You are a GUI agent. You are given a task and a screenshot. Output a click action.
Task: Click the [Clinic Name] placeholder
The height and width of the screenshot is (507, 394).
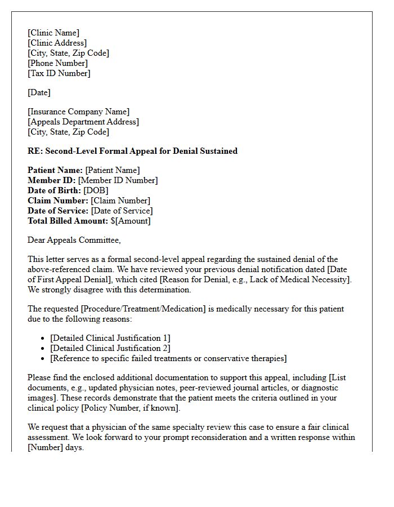point(53,33)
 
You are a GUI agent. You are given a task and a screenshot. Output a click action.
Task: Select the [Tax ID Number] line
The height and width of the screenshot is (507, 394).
point(59,73)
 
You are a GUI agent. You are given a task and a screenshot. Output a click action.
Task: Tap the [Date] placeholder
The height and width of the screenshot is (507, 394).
point(39,92)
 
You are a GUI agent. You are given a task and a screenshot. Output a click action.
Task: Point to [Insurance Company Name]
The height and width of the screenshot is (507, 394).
point(78,112)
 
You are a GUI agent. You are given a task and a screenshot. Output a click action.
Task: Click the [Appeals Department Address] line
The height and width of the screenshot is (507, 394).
point(83,122)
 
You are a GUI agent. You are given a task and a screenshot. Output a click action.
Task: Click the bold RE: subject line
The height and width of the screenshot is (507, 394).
point(132,151)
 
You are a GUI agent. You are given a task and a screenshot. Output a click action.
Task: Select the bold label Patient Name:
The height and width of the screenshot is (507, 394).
point(55,170)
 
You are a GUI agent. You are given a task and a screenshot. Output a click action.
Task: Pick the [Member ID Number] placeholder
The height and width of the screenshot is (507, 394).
point(118,180)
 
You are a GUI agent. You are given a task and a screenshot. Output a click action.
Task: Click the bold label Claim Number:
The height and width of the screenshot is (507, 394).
point(58,201)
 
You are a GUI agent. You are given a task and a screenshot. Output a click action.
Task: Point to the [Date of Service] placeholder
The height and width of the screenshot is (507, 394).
point(122,211)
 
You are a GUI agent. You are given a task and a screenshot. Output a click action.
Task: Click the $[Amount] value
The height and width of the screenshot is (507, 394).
point(130,221)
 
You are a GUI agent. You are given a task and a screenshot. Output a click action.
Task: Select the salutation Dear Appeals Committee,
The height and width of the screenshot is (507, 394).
point(74,240)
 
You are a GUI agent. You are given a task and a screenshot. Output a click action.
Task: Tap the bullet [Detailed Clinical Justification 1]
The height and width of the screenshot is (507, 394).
point(110,338)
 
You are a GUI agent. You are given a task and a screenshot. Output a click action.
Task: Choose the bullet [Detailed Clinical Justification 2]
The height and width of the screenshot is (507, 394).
point(110,348)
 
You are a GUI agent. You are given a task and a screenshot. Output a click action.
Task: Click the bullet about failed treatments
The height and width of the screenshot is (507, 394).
point(168,358)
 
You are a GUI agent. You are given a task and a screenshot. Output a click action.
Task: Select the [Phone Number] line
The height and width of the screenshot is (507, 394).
point(57,63)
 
